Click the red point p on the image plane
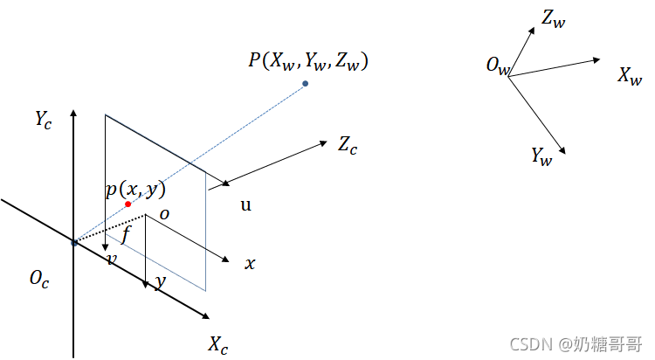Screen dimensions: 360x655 (128, 204)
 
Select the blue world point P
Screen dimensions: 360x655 (305, 84)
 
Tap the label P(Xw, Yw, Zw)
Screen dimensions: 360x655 (308, 61)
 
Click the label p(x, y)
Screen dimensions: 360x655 (135, 190)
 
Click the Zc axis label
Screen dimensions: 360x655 (348, 145)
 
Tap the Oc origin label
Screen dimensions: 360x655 (38, 279)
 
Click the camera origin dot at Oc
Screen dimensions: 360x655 (74, 242)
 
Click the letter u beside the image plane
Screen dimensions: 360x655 (245, 205)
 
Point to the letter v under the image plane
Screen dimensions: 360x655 (112, 260)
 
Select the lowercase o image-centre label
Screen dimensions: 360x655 (163, 211)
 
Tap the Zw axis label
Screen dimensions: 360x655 (554, 17)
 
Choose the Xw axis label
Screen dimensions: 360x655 (630, 77)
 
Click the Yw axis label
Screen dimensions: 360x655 (541, 156)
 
